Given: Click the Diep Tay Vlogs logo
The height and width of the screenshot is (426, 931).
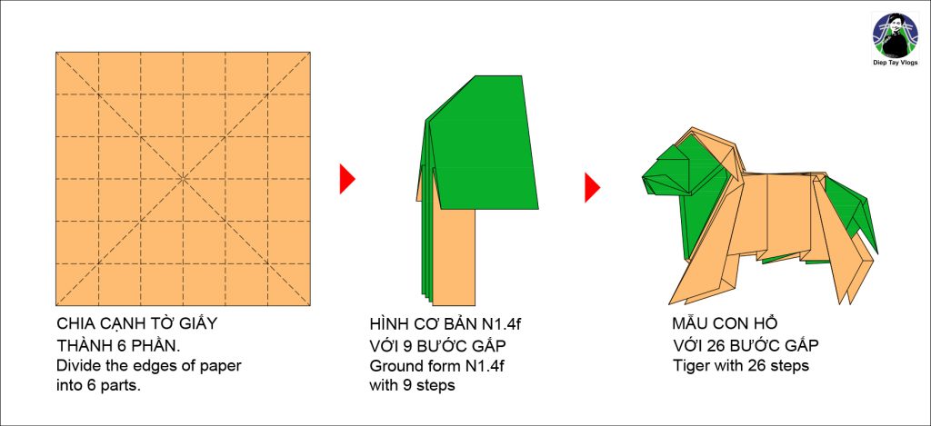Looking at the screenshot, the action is coord(896,35).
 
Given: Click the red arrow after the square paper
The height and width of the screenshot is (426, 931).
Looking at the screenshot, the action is coord(347,179).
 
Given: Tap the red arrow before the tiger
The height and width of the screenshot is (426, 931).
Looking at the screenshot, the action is coord(592,187).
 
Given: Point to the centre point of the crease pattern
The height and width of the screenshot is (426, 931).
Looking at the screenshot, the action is coord(183,178).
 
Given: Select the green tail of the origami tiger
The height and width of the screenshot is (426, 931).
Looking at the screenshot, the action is coord(852,212).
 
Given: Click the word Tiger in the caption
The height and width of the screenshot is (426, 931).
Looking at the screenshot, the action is coord(691,366).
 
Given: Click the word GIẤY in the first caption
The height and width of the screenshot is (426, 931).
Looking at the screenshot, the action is coord(196,324).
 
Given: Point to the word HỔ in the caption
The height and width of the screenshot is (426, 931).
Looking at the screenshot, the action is coord(766,324).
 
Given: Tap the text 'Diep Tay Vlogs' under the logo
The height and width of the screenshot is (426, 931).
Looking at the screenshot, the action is coord(896,63).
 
